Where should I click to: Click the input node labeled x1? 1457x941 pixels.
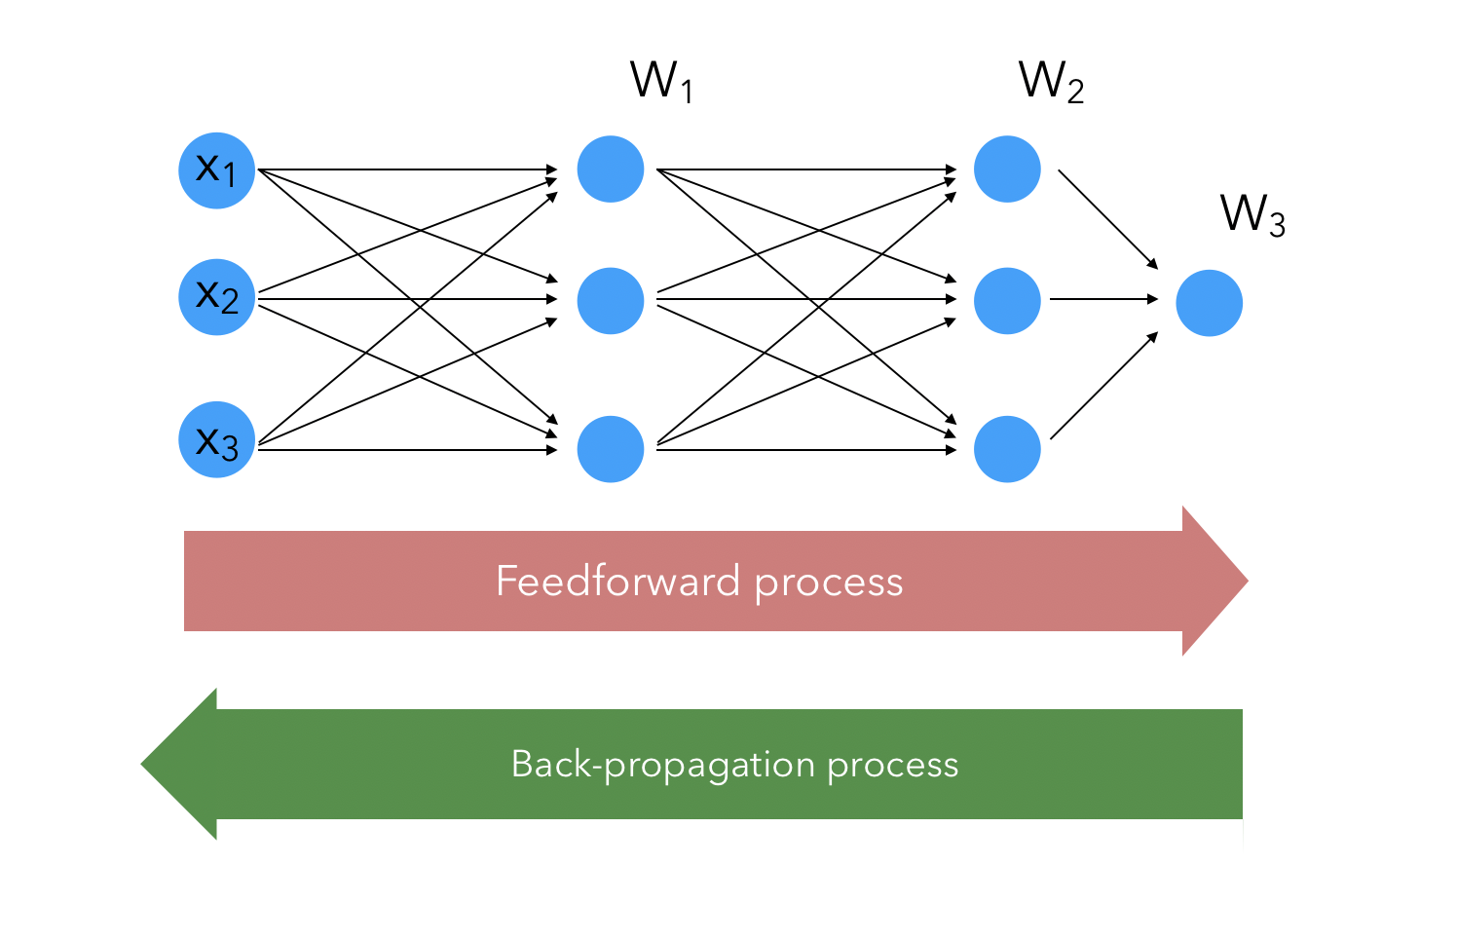tap(216, 170)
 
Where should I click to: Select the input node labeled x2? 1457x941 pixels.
tap(216, 297)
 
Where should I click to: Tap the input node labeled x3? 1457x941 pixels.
tap(216, 439)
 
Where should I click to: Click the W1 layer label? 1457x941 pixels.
tap(661, 82)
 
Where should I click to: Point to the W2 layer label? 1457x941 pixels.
tap(1051, 82)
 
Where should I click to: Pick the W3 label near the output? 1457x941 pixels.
tap(1252, 214)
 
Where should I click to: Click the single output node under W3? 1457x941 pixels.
tap(1209, 303)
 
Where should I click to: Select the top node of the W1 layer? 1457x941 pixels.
tap(611, 169)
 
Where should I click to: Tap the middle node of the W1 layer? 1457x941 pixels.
tap(611, 301)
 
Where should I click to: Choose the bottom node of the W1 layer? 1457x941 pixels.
tap(611, 449)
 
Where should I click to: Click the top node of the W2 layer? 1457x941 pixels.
tap(1007, 169)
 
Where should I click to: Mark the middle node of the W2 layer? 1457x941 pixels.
tap(1007, 301)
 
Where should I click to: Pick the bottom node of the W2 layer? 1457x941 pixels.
tap(1007, 449)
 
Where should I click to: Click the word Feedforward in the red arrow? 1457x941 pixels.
tap(617, 582)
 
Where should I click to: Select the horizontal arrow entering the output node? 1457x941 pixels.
tap(1103, 299)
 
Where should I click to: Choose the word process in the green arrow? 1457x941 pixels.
tap(893, 766)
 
